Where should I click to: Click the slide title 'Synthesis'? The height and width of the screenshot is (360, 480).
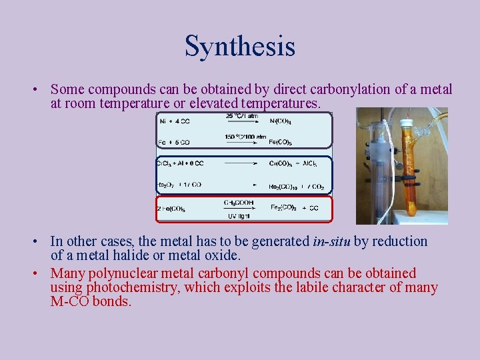coord(239,47)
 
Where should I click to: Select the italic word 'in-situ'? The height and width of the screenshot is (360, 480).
coord(331,241)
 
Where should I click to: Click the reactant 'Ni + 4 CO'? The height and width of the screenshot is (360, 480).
coord(175,121)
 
